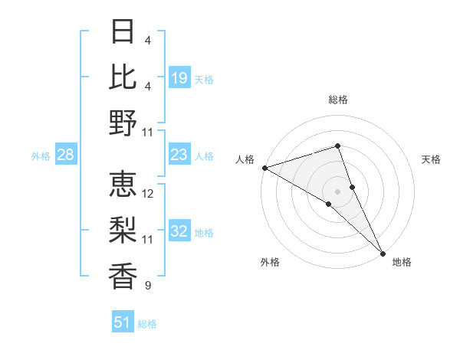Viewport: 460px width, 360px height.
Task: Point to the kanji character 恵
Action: coord(123,184)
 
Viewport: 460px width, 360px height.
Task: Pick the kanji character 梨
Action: coord(123,229)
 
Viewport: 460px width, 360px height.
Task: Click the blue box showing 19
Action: coord(179,77)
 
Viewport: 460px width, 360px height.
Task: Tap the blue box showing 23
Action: coord(179,155)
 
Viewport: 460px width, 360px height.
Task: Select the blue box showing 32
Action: coord(179,231)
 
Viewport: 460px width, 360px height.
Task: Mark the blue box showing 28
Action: coord(66,155)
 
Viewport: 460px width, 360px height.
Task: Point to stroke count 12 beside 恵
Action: coord(149,194)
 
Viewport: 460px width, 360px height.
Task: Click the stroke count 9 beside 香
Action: coord(147,286)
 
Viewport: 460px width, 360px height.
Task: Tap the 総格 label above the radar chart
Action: coord(338,100)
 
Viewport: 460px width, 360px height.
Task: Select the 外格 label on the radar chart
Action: coord(270,262)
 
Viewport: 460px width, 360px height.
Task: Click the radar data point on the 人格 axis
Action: coord(264,167)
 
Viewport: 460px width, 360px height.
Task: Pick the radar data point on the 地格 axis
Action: coord(383,252)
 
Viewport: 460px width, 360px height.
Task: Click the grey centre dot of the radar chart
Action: coord(338,191)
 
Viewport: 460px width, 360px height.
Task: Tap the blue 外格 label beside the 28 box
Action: coord(41,155)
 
